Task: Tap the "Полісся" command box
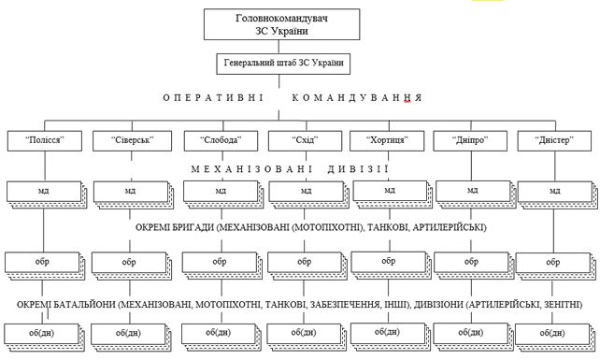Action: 45,140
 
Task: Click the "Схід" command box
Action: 305,140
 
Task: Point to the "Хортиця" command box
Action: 388,140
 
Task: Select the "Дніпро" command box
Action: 471,140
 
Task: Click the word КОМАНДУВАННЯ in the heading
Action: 358,99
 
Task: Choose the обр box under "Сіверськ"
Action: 128,261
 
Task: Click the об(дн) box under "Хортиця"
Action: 387,331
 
